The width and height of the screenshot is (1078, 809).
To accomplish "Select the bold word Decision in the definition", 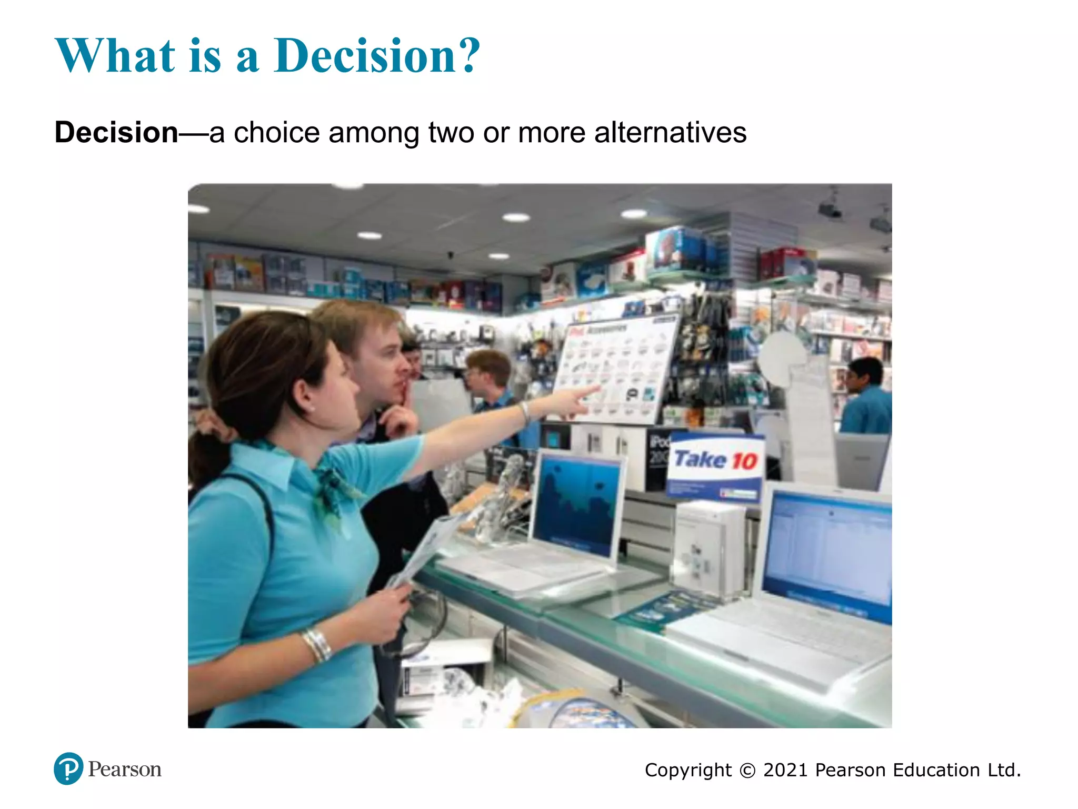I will coord(116,132).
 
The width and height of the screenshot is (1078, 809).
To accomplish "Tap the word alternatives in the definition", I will coord(670,132).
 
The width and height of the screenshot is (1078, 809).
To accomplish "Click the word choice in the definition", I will coord(276,132).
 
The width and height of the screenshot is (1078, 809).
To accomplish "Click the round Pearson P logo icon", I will coord(68,768).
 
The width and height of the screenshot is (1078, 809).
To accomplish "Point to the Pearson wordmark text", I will coord(125,769).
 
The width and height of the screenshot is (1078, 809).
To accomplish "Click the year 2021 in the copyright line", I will coord(785,770).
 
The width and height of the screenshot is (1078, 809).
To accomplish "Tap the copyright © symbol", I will coord(747,771).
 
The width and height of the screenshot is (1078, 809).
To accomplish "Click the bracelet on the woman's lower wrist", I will coord(317,645).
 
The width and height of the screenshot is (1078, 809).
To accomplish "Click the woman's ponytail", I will coord(208,453).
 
